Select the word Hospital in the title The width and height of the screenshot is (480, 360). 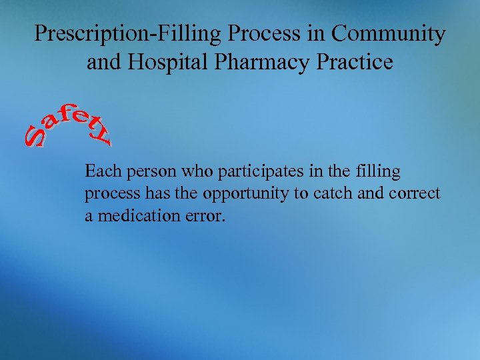coord(161,63)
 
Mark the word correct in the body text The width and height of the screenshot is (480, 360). coord(415,194)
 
